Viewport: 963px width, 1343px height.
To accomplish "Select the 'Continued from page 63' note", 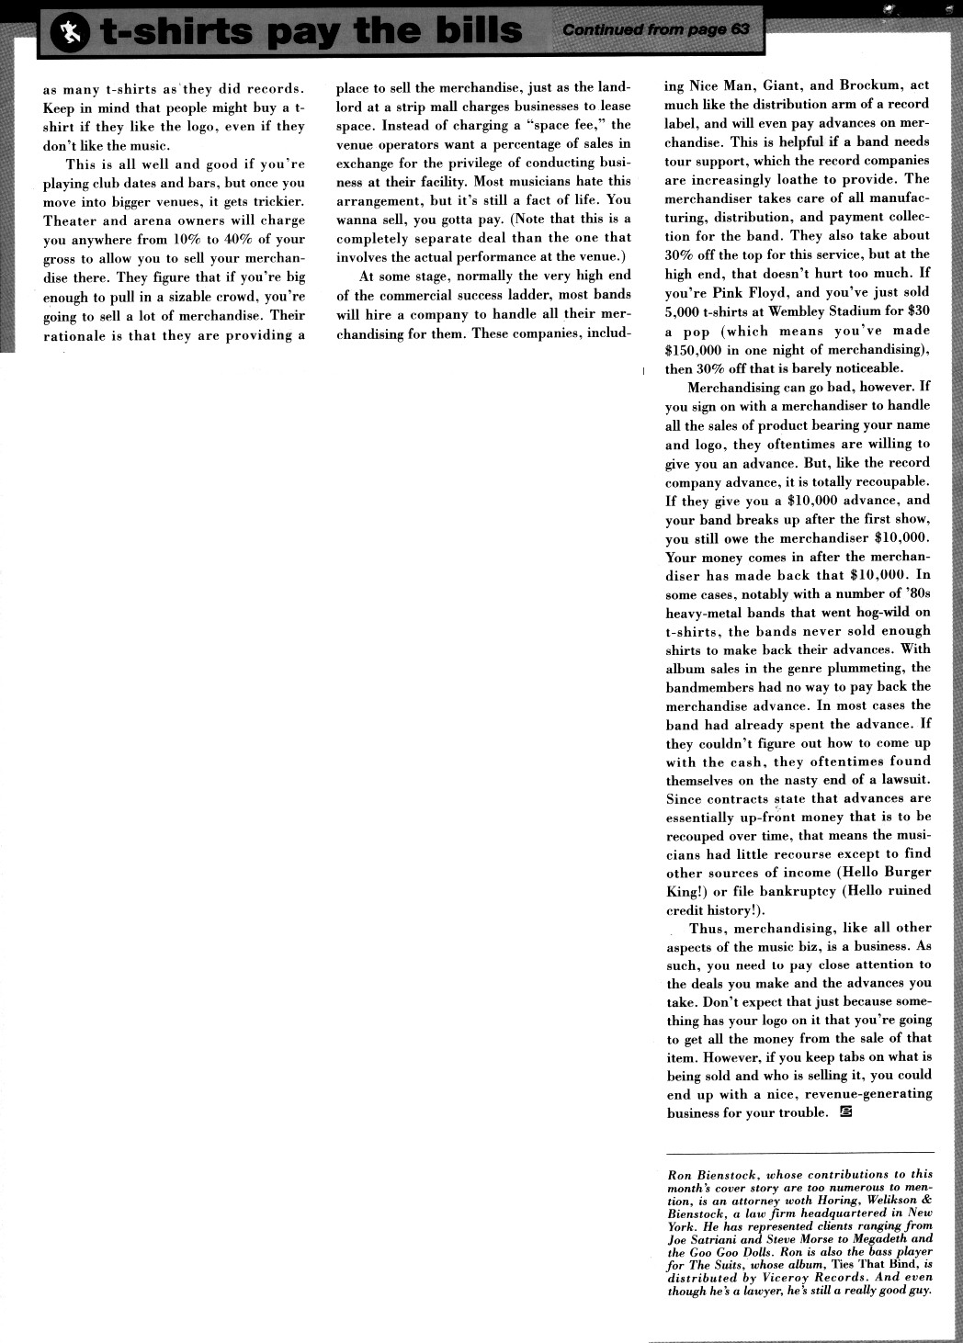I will [x=656, y=29].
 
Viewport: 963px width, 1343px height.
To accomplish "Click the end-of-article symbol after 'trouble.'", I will [x=846, y=1112].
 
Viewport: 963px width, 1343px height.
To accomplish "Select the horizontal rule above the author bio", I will [x=799, y=1152].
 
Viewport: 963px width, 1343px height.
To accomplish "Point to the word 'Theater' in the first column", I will [x=70, y=220].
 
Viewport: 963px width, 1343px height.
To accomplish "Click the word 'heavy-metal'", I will [x=705, y=612].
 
